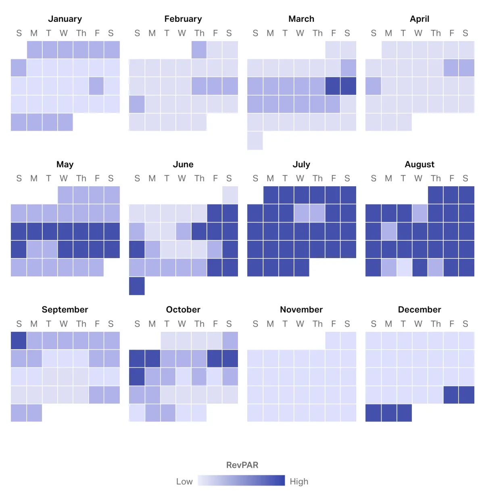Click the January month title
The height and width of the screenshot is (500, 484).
point(65,19)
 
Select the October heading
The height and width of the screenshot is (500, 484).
point(183,310)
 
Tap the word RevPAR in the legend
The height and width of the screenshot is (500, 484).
point(242,465)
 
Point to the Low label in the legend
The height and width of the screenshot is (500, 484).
point(184,481)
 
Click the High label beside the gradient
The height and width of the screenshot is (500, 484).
point(299,481)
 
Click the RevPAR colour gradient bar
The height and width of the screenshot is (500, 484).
point(241,481)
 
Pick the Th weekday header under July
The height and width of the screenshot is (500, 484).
point(317,178)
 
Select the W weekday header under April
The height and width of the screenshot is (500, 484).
point(418,33)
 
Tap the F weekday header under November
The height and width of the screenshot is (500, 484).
point(334,324)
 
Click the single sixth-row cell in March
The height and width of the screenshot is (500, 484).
point(255,141)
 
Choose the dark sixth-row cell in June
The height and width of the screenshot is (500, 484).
point(137,286)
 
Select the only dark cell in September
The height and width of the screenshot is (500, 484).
point(19,340)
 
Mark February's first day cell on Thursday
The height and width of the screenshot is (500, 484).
point(199,50)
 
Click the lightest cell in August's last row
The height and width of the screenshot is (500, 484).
point(404,267)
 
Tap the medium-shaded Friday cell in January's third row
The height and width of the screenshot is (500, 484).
point(96,86)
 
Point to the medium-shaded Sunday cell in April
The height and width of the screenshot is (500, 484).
point(373,86)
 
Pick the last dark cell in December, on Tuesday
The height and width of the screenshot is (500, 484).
point(404,413)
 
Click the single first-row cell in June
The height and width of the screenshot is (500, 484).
point(230,195)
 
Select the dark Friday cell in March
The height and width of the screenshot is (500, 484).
point(333,86)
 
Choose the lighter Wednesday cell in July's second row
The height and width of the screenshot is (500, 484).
point(302,213)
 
